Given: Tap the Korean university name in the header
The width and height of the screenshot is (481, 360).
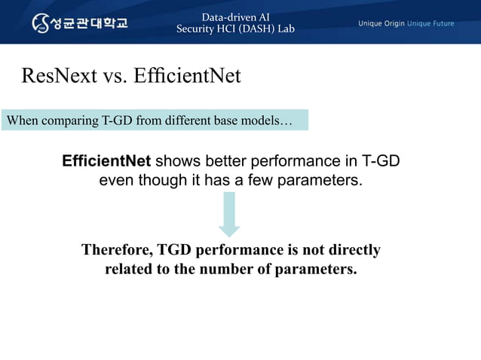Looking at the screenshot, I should pos(90,23).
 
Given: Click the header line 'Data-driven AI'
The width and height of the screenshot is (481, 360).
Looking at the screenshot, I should pos(235,17).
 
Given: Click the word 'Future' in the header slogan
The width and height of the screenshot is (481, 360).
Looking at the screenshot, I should pos(440,23).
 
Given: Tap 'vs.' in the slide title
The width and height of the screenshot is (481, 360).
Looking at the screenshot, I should pos(116,76).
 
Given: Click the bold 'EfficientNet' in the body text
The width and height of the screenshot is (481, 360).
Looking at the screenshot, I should pos(106,162).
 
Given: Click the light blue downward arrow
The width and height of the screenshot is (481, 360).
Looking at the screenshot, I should pos(228,215).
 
